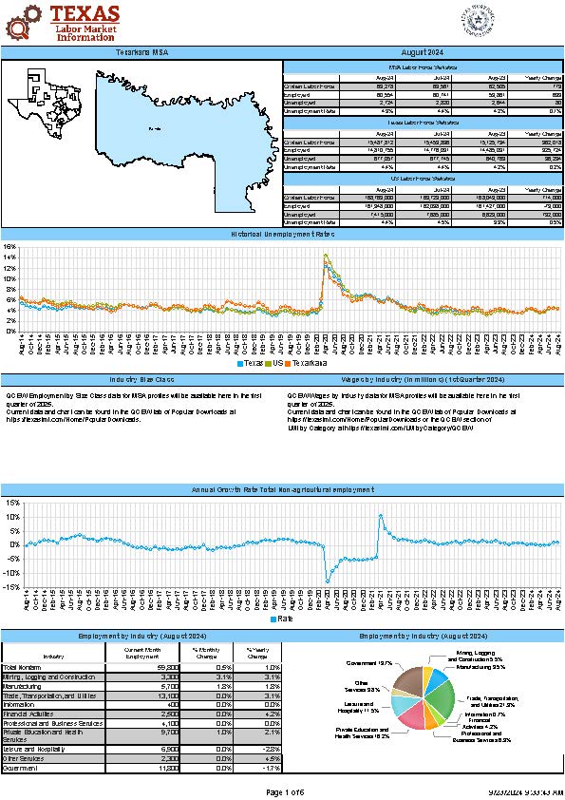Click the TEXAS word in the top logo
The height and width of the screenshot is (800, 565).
(85, 13)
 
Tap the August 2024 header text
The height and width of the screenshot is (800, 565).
(424, 51)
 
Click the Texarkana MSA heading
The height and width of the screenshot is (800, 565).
(142, 51)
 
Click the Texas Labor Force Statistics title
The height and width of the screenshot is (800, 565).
(423, 124)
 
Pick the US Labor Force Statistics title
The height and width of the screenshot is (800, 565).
(423, 178)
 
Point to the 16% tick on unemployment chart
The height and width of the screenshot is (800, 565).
(10, 247)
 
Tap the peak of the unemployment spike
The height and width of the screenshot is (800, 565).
(326, 255)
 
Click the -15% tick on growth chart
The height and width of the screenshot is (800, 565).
(10, 587)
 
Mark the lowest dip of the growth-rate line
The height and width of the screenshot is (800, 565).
(328, 581)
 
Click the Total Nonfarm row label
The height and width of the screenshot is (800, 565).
(23, 668)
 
